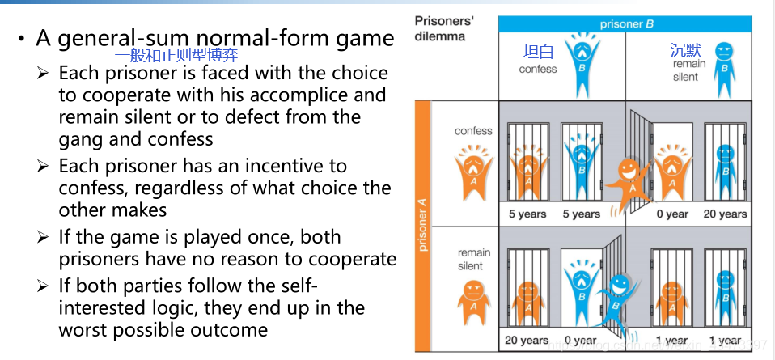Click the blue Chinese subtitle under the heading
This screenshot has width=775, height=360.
click(x=176, y=57)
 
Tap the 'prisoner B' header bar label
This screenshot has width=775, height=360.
click(x=626, y=24)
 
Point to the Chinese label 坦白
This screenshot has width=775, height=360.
click(x=538, y=53)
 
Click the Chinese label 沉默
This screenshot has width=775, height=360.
click(x=686, y=50)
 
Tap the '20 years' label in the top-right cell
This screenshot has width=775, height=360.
click(x=725, y=214)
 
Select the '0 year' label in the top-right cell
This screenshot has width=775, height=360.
click(x=672, y=214)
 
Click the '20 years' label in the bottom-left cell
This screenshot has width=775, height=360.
click(x=527, y=341)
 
